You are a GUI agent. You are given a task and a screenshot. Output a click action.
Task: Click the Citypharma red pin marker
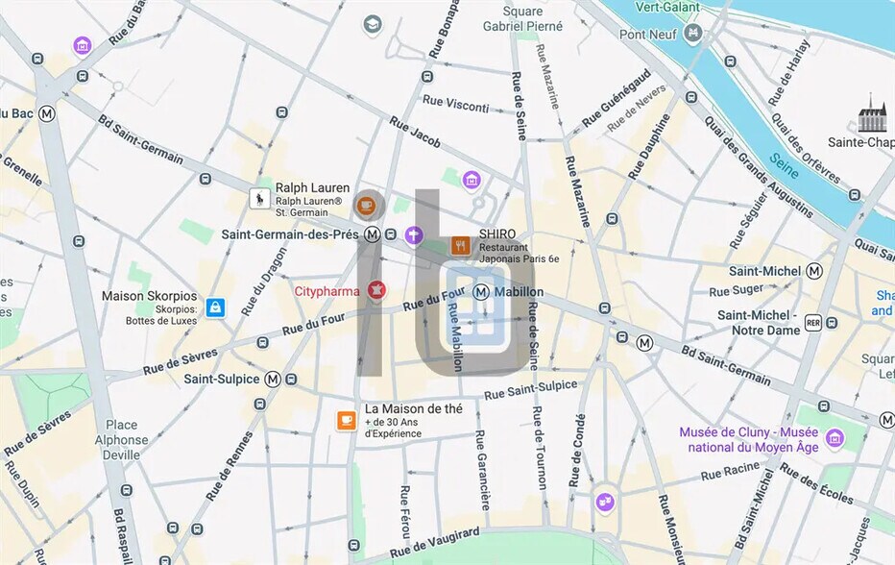tap(376, 290)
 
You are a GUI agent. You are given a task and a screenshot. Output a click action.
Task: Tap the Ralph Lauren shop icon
tap(258, 199)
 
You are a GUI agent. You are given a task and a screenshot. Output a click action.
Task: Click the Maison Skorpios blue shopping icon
tap(215, 307)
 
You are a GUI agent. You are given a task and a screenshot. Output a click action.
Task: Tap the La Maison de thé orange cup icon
tap(346, 421)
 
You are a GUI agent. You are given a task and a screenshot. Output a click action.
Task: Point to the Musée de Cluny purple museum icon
tap(835, 439)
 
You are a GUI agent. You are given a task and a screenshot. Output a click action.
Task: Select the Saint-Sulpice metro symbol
tap(274, 379)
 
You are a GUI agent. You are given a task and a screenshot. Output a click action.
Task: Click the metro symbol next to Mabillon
tap(481, 292)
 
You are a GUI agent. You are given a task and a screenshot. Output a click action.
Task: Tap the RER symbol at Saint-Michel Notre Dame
tap(813, 323)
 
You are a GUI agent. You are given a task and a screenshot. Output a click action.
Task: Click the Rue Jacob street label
tap(415, 132)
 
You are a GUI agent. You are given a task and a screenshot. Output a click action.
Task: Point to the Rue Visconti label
tap(456, 104)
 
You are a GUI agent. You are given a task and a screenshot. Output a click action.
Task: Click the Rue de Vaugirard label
tap(437, 541)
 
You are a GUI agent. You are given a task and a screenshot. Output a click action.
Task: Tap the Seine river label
tap(784, 167)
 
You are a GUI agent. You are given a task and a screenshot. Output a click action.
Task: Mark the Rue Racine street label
tap(730, 471)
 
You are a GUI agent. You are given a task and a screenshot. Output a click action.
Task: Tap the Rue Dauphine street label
tap(649, 147)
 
